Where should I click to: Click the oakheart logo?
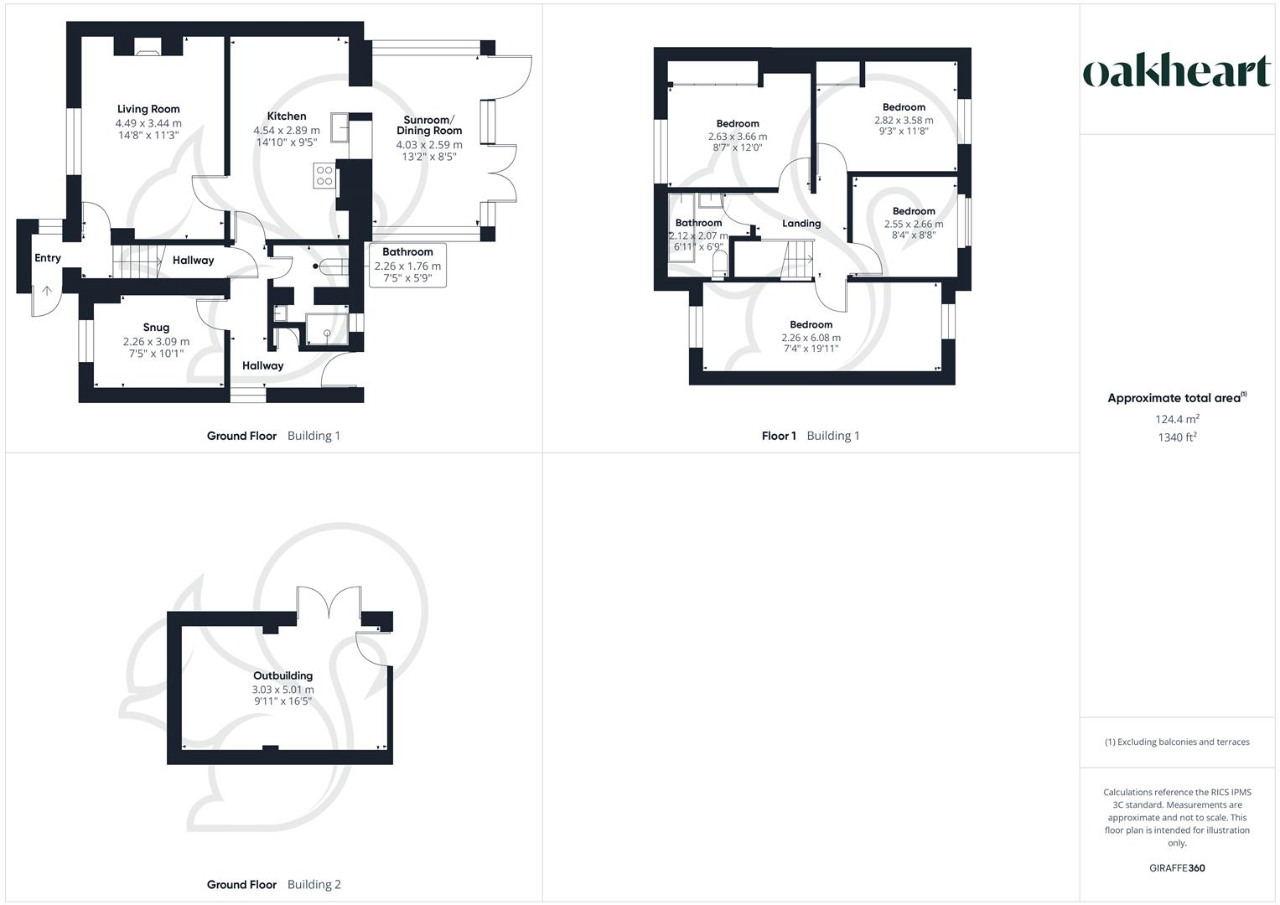coord(1177,72)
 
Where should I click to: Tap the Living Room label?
coord(148,109)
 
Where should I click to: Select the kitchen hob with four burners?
coord(324,175)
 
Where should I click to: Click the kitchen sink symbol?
coord(340,128)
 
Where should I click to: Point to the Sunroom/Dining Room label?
coord(429,125)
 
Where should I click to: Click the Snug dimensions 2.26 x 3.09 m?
coord(156,342)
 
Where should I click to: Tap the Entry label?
coord(48,258)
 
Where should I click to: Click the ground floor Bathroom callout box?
coord(407,265)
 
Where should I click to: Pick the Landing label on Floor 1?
coord(801,224)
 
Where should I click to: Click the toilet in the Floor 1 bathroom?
coord(718,266)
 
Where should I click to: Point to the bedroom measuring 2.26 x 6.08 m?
coord(811,338)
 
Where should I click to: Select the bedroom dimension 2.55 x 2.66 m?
coord(914,224)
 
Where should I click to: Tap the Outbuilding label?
coord(283,675)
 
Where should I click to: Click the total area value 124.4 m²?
coord(1177,419)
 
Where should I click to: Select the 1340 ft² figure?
coord(1177,437)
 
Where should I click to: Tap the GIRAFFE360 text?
coord(1177,868)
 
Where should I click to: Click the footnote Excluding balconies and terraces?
coord(1177,742)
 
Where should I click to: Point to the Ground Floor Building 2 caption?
coord(274,884)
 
